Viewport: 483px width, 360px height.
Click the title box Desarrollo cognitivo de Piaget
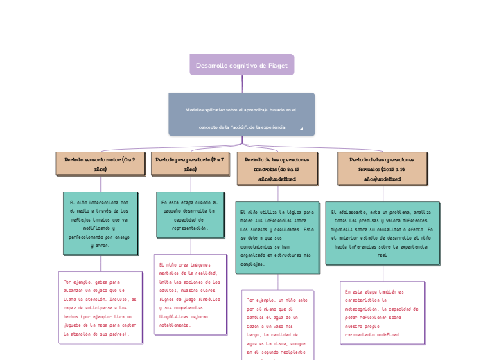(241, 64)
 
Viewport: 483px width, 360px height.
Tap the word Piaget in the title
(277, 65)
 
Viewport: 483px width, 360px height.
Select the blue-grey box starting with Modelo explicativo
(241, 114)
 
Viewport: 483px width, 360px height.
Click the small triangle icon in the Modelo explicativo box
(301, 129)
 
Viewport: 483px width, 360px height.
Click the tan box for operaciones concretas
(276, 168)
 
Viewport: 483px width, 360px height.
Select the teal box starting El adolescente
(382, 233)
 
